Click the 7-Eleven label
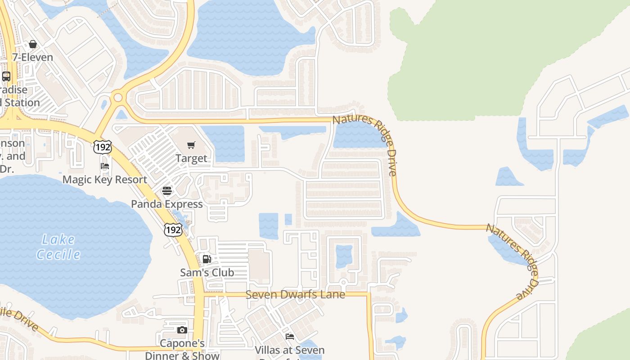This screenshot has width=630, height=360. (x=32, y=57)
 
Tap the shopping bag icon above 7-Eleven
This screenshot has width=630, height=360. (x=33, y=44)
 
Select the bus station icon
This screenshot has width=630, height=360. (x=6, y=76)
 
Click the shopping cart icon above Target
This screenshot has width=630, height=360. (x=191, y=145)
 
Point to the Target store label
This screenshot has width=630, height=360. (x=191, y=158)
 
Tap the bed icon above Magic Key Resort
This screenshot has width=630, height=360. (x=105, y=166)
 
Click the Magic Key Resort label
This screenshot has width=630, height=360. (x=105, y=180)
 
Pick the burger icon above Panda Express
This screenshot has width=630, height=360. (x=167, y=191)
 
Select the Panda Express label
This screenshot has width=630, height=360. (x=167, y=204)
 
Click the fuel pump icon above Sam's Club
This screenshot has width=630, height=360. (x=207, y=259)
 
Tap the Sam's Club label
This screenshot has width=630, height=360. (x=207, y=272)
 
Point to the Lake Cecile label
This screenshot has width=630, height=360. (x=58, y=247)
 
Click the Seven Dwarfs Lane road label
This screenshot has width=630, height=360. (x=295, y=295)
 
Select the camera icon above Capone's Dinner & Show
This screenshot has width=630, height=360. (x=182, y=330)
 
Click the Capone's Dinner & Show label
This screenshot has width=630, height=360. (x=182, y=349)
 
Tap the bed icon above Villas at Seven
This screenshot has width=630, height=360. (x=290, y=336)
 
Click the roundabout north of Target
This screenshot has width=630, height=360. (x=118, y=97)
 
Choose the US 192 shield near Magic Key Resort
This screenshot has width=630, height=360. (x=102, y=147)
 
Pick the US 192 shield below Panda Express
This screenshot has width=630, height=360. (x=173, y=229)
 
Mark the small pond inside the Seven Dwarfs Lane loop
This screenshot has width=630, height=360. (x=344, y=256)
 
